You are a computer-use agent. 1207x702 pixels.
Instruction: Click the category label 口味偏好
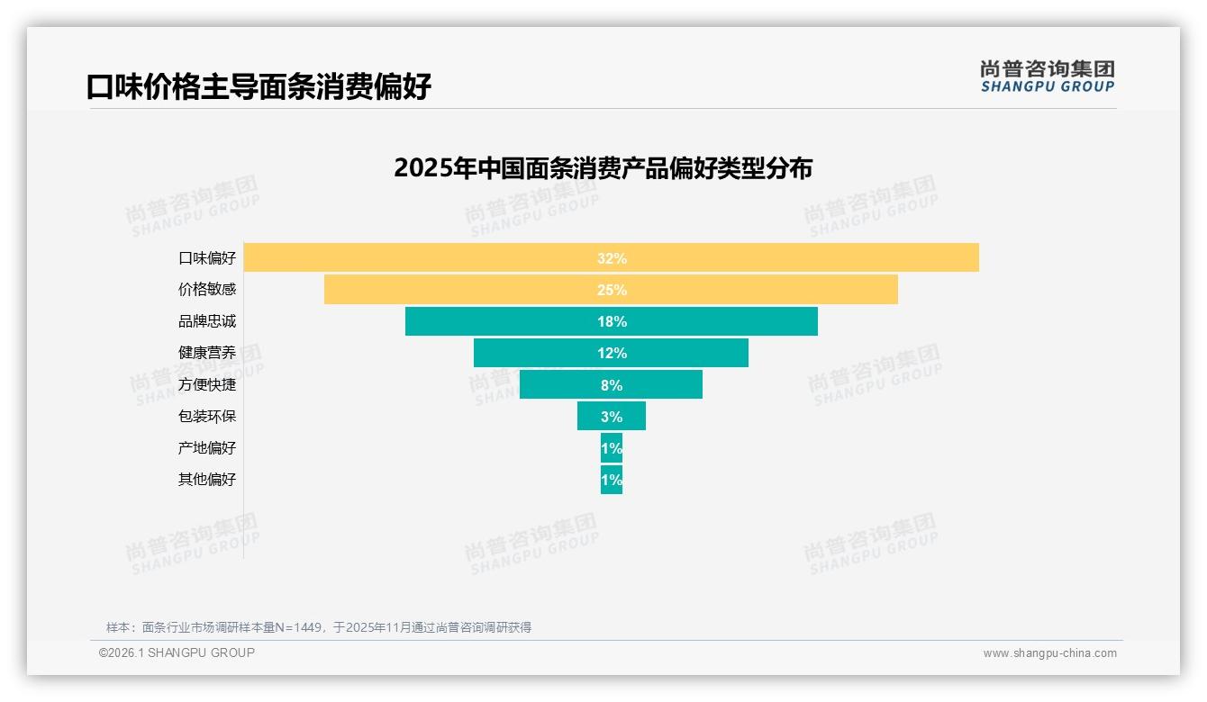207,258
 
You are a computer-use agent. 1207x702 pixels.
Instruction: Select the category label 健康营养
207,353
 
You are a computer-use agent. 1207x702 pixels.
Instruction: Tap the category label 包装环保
207,417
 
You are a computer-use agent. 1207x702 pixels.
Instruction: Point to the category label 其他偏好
207,480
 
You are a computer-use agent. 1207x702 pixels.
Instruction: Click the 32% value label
612,258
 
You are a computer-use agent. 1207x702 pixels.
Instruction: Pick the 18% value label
612,321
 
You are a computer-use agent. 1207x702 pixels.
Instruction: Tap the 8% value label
612,385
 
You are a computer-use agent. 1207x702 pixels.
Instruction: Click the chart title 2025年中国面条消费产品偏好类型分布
603,168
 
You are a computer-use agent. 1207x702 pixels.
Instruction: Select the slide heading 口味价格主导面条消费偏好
259,86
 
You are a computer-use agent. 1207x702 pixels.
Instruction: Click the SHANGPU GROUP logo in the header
1048,76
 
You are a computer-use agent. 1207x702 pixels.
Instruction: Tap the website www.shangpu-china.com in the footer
1049,653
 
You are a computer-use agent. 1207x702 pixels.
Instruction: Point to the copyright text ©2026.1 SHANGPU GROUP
177,652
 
